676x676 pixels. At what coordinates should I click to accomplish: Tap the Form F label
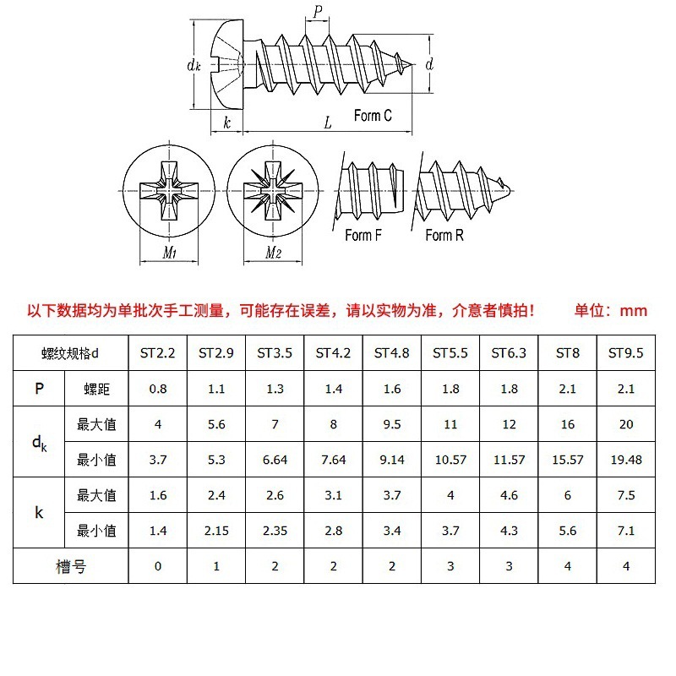click(x=363, y=236)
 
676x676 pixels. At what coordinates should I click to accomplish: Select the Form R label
click(x=444, y=236)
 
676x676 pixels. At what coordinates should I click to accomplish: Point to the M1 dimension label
click(x=169, y=253)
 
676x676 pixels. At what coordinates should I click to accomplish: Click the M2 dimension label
click(x=273, y=253)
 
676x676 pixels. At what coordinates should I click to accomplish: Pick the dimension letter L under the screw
click(x=328, y=123)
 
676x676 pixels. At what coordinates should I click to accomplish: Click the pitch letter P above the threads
click(x=318, y=12)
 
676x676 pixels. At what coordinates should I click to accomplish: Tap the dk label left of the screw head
click(x=193, y=65)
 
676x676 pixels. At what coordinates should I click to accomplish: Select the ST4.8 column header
click(x=391, y=353)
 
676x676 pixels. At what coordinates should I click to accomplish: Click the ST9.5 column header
click(x=625, y=353)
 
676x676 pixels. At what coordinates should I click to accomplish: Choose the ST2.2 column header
click(x=157, y=353)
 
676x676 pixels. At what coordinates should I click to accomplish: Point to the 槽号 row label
click(x=70, y=566)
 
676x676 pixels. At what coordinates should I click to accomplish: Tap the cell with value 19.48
click(x=625, y=460)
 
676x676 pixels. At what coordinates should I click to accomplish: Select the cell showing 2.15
click(x=216, y=531)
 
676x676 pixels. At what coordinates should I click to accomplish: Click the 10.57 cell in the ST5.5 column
click(x=450, y=460)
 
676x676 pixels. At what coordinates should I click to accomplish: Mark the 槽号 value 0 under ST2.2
click(x=157, y=566)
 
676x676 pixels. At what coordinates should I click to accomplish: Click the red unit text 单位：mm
click(x=610, y=310)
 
